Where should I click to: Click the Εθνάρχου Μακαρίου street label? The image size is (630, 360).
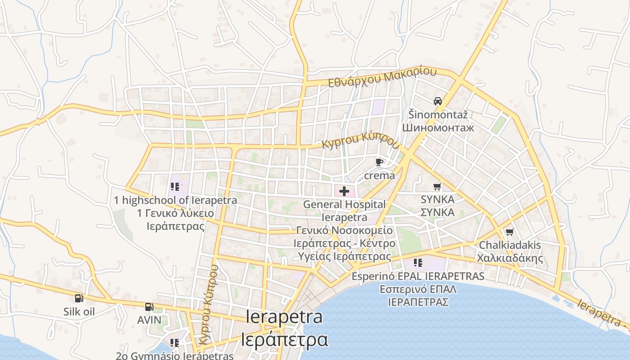(382, 77)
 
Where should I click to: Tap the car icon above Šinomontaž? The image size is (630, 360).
(438, 101)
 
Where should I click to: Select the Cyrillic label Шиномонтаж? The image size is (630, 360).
(438, 128)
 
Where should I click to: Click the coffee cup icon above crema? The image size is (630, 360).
(379, 162)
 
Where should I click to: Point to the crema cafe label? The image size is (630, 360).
(379, 175)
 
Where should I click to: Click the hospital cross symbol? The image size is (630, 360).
(344, 191)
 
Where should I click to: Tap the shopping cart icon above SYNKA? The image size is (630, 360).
(437, 186)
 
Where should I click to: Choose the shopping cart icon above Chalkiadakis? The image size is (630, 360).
(509, 232)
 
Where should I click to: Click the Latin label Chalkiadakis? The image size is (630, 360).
(510, 246)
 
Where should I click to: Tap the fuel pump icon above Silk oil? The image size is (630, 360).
(79, 298)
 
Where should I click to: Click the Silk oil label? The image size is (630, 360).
(79, 311)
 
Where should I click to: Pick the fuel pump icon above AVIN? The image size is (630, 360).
(149, 307)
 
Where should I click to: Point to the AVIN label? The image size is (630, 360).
(149, 320)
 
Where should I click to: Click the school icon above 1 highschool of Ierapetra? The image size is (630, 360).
(175, 187)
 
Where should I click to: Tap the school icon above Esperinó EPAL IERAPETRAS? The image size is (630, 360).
(418, 262)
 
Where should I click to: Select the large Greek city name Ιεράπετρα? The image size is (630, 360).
(284, 340)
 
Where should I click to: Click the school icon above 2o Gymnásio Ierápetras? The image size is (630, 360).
(175, 343)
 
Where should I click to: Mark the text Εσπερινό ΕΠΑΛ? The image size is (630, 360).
(418, 289)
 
